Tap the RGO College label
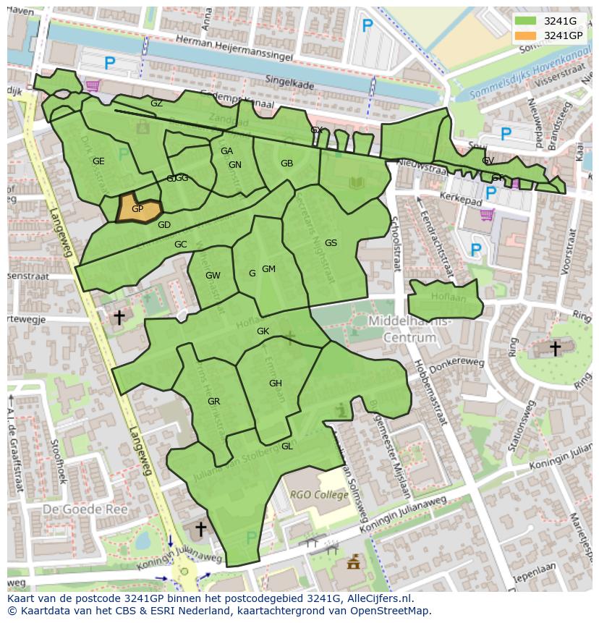click(x=320, y=495)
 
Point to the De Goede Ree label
click(x=85, y=509)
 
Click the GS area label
click(x=331, y=243)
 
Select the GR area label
click(x=213, y=402)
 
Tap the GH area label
click(x=275, y=383)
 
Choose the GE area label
click(x=98, y=161)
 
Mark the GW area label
click(x=213, y=276)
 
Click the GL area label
click(x=286, y=446)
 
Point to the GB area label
click(x=286, y=164)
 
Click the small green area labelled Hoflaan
click(x=444, y=298)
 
